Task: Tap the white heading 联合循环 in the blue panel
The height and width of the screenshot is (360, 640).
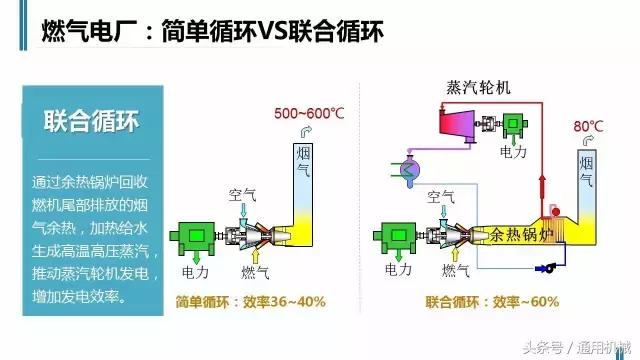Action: [91, 123]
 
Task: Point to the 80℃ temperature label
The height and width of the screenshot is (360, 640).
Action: [589, 127]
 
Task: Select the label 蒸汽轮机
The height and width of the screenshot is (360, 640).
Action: [478, 86]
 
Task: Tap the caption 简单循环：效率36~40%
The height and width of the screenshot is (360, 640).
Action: [251, 300]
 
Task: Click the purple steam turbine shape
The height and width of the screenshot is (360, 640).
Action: [452, 124]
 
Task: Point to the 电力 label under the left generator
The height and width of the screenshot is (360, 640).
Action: [195, 270]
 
